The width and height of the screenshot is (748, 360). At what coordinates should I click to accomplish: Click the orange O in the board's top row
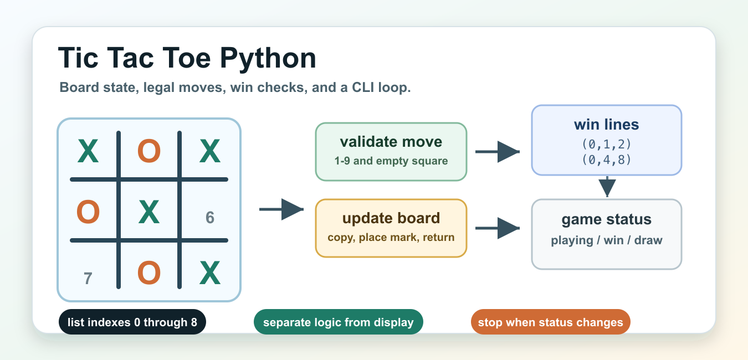(x=149, y=151)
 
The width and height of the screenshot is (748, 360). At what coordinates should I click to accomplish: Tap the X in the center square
(x=149, y=212)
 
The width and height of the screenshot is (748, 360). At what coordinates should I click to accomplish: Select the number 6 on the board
(x=209, y=218)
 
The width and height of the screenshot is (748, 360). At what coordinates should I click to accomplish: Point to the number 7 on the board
(x=88, y=278)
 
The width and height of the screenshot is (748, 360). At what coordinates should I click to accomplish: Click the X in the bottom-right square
(x=209, y=272)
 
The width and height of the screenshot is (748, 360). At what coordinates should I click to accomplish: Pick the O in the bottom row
(x=149, y=273)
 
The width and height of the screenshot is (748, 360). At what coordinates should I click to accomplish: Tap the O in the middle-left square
(x=88, y=212)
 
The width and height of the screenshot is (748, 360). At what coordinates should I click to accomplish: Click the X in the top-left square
(x=88, y=151)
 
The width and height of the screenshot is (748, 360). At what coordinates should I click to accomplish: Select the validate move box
(x=391, y=152)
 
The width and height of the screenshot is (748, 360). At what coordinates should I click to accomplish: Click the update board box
(x=391, y=228)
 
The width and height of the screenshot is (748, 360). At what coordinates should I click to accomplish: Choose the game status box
(x=606, y=234)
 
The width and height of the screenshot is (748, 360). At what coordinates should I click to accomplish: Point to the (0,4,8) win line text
(x=606, y=160)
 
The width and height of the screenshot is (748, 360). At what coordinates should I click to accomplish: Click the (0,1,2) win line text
(x=606, y=144)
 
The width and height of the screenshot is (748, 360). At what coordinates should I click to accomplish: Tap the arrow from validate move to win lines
(x=498, y=152)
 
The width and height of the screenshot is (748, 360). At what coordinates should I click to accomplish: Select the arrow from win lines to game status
(x=607, y=187)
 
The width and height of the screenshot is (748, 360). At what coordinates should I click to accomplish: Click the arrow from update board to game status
(x=498, y=228)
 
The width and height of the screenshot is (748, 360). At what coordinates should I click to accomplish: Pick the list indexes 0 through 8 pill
(x=132, y=322)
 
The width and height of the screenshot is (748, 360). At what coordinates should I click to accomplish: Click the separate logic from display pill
(x=339, y=322)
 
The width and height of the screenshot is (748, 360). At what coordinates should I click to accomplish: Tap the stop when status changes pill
(x=550, y=322)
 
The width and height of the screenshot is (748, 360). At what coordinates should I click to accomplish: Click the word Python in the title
(x=268, y=59)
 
